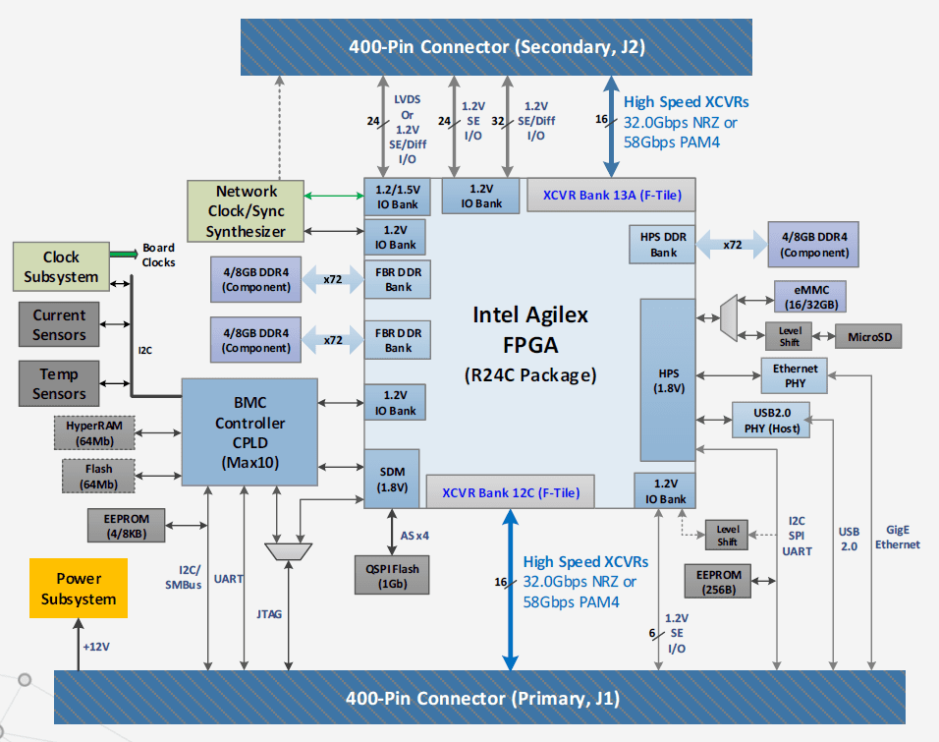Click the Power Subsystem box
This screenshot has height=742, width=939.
(78, 589)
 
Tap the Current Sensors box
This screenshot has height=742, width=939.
(59, 325)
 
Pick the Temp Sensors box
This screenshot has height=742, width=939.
(59, 383)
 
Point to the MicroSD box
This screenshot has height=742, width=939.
(867, 337)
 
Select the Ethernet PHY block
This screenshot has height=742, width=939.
(796, 374)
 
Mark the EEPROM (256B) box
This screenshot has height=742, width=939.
(718, 581)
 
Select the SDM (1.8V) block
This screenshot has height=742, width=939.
(392, 479)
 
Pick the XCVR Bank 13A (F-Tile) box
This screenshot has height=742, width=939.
(611, 195)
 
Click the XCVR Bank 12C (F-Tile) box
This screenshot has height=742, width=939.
(511, 492)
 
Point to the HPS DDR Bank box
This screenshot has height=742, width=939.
(664, 244)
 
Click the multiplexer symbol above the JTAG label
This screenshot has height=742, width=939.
(289, 552)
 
